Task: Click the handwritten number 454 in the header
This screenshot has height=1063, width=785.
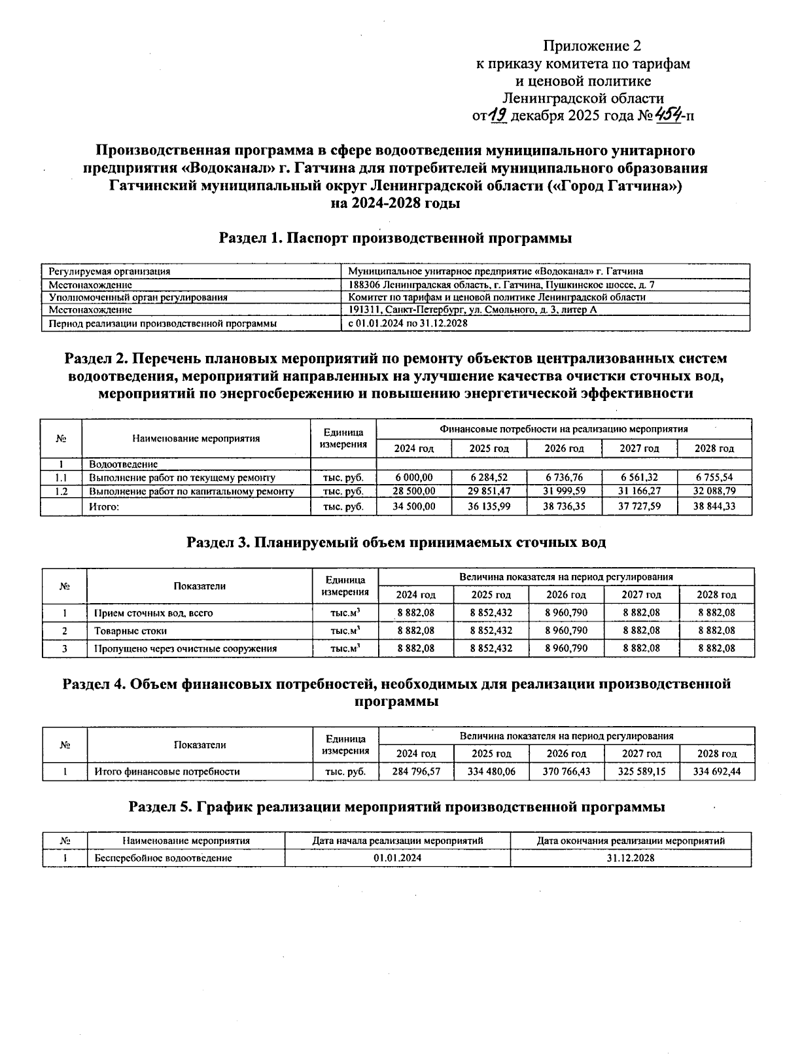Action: [x=669, y=116]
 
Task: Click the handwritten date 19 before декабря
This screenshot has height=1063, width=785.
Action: [x=498, y=116]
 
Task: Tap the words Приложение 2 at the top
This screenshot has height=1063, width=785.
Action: [x=592, y=46]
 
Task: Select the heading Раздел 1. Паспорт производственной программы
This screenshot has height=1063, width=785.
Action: [x=395, y=238]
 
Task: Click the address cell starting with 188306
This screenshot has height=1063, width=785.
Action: [x=501, y=285]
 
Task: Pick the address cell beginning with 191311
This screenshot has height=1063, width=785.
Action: [x=472, y=310]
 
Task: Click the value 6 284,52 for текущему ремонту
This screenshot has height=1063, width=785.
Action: [x=489, y=478]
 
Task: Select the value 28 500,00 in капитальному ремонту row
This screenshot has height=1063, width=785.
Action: [x=413, y=491]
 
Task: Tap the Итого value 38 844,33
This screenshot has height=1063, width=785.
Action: [x=714, y=506]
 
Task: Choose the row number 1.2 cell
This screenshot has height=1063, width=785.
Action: [x=61, y=491]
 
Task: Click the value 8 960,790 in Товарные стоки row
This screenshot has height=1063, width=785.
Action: [x=566, y=631]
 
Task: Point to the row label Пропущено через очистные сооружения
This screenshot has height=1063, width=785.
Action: [x=185, y=648]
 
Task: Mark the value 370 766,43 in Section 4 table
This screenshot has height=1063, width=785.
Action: [x=567, y=771]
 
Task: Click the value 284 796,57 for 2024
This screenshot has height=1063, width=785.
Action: [x=416, y=771]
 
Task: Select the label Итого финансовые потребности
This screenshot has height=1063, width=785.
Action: [x=167, y=771]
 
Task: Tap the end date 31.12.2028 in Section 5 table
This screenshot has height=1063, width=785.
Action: [x=630, y=858]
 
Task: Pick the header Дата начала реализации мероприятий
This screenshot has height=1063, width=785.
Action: [x=397, y=841]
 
